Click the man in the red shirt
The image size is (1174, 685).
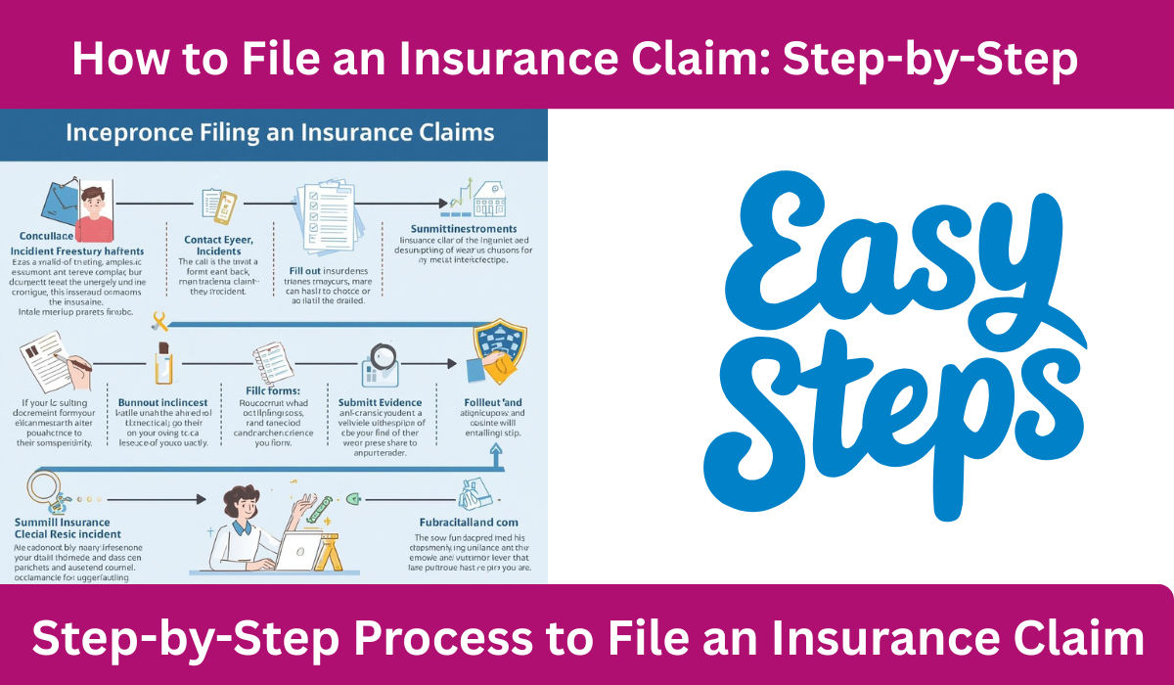coord(94,213)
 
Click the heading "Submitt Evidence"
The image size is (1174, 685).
coord(380,402)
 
